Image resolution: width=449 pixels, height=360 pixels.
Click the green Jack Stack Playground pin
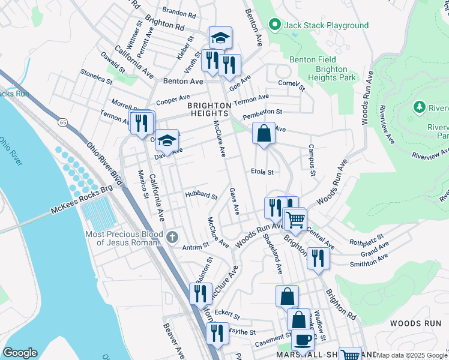(x=275, y=25)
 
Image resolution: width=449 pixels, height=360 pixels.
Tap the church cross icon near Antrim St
(x=172, y=236)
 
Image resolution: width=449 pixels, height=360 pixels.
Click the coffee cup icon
(x=303, y=340)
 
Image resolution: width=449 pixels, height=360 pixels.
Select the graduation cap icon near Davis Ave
(x=167, y=139)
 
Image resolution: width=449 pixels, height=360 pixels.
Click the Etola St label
(x=262, y=172)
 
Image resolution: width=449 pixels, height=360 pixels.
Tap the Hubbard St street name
(x=200, y=196)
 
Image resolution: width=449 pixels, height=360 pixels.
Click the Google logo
(x=20, y=353)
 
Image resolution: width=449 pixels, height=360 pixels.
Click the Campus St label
(x=312, y=160)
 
